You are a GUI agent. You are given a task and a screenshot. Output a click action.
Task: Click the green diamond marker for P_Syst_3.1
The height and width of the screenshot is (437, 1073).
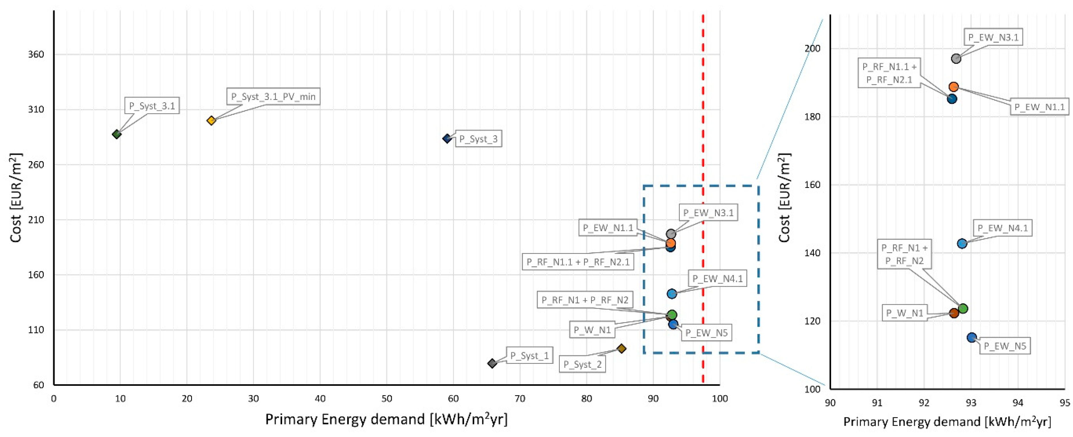coord(117,134)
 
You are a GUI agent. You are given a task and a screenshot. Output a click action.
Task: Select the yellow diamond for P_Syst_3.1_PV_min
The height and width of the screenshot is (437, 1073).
coord(211,120)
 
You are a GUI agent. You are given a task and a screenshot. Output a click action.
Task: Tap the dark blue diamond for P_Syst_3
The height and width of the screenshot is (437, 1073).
coord(447,138)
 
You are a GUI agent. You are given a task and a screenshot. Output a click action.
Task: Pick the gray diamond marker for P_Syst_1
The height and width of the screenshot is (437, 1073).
coord(492,363)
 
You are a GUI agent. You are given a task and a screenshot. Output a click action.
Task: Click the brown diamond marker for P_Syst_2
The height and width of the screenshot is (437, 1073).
coord(621,348)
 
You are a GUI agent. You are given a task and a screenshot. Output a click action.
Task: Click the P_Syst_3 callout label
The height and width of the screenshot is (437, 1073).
coord(478,139)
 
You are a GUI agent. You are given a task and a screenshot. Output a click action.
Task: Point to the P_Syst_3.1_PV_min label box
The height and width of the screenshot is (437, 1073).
coord(273,97)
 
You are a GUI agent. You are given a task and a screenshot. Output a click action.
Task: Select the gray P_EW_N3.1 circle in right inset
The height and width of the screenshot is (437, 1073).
coord(956,58)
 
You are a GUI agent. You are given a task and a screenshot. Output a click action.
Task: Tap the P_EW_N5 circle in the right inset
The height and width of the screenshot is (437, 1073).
coord(972,337)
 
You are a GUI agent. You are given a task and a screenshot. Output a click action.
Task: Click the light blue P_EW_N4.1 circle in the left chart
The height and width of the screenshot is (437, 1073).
coord(671,294)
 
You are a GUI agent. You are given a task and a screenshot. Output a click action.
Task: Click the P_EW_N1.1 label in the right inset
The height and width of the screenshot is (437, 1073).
coord(1039,107)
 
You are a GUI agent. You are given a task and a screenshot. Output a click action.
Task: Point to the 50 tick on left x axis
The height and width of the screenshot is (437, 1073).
coord(387,399)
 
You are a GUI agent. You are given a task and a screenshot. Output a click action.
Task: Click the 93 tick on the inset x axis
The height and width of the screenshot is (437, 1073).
coord(971,403)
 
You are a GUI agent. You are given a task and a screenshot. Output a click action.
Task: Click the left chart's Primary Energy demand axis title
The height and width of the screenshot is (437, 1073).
coord(386,419)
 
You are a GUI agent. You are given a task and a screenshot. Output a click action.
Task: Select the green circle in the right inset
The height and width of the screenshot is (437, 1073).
coord(962,309)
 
